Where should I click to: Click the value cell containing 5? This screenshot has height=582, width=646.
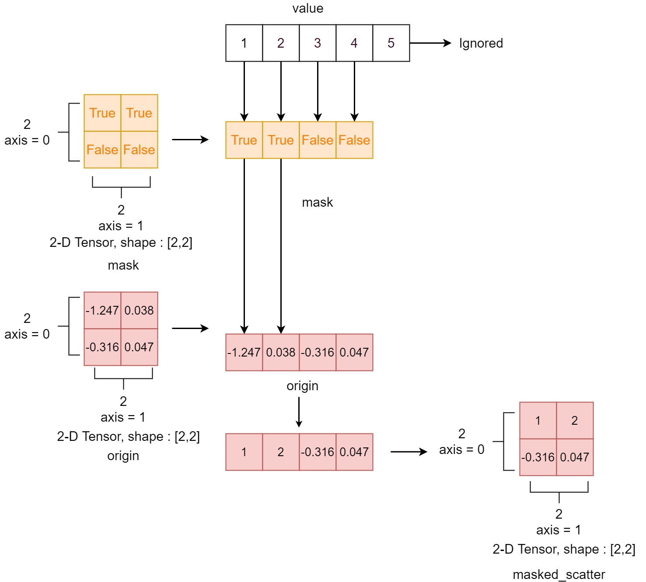pyautogui.click(x=391, y=43)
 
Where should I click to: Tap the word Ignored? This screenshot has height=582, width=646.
pyautogui.click(x=481, y=43)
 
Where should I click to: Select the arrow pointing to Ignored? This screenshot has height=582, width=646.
pyautogui.click(x=430, y=43)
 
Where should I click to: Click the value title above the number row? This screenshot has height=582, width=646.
pyautogui.click(x=307, y=8)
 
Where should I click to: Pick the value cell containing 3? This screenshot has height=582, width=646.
pyautogui.click(x=318, y=43)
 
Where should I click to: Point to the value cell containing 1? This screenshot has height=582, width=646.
pyautogui.click(x=244, y=43)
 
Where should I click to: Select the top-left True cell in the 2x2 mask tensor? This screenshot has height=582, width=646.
pyautogui.click(x=102, y=113)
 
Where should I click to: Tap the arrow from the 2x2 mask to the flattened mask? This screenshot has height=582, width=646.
pyautogui.click(x=190, y=140)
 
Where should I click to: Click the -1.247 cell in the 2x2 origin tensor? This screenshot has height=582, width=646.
pyautogui.click(x=102, y=310)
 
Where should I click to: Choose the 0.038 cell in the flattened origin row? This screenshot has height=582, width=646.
pyautogui.click(x=281, y=352)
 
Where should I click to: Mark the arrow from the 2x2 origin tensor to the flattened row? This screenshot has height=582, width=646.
pyautogui.click(x=190, y=328)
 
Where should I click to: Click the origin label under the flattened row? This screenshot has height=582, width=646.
pyautogui.click(x=302, y=386)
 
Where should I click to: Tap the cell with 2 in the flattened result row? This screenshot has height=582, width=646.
pyautogui.click(x=281, y=452)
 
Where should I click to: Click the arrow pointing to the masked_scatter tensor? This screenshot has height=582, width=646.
pyautogui.click(x=409, y=452)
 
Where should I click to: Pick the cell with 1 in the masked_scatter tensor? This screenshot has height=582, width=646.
pyautogui.click(x=538, y=420)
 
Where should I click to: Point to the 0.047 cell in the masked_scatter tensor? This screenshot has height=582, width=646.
pyautogui.click(x=575, y=457)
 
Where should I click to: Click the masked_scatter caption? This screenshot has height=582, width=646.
pyautogui.click(x=559, y=574)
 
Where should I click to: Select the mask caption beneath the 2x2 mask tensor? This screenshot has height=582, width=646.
pyautogui.click(x=123, y=265)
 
